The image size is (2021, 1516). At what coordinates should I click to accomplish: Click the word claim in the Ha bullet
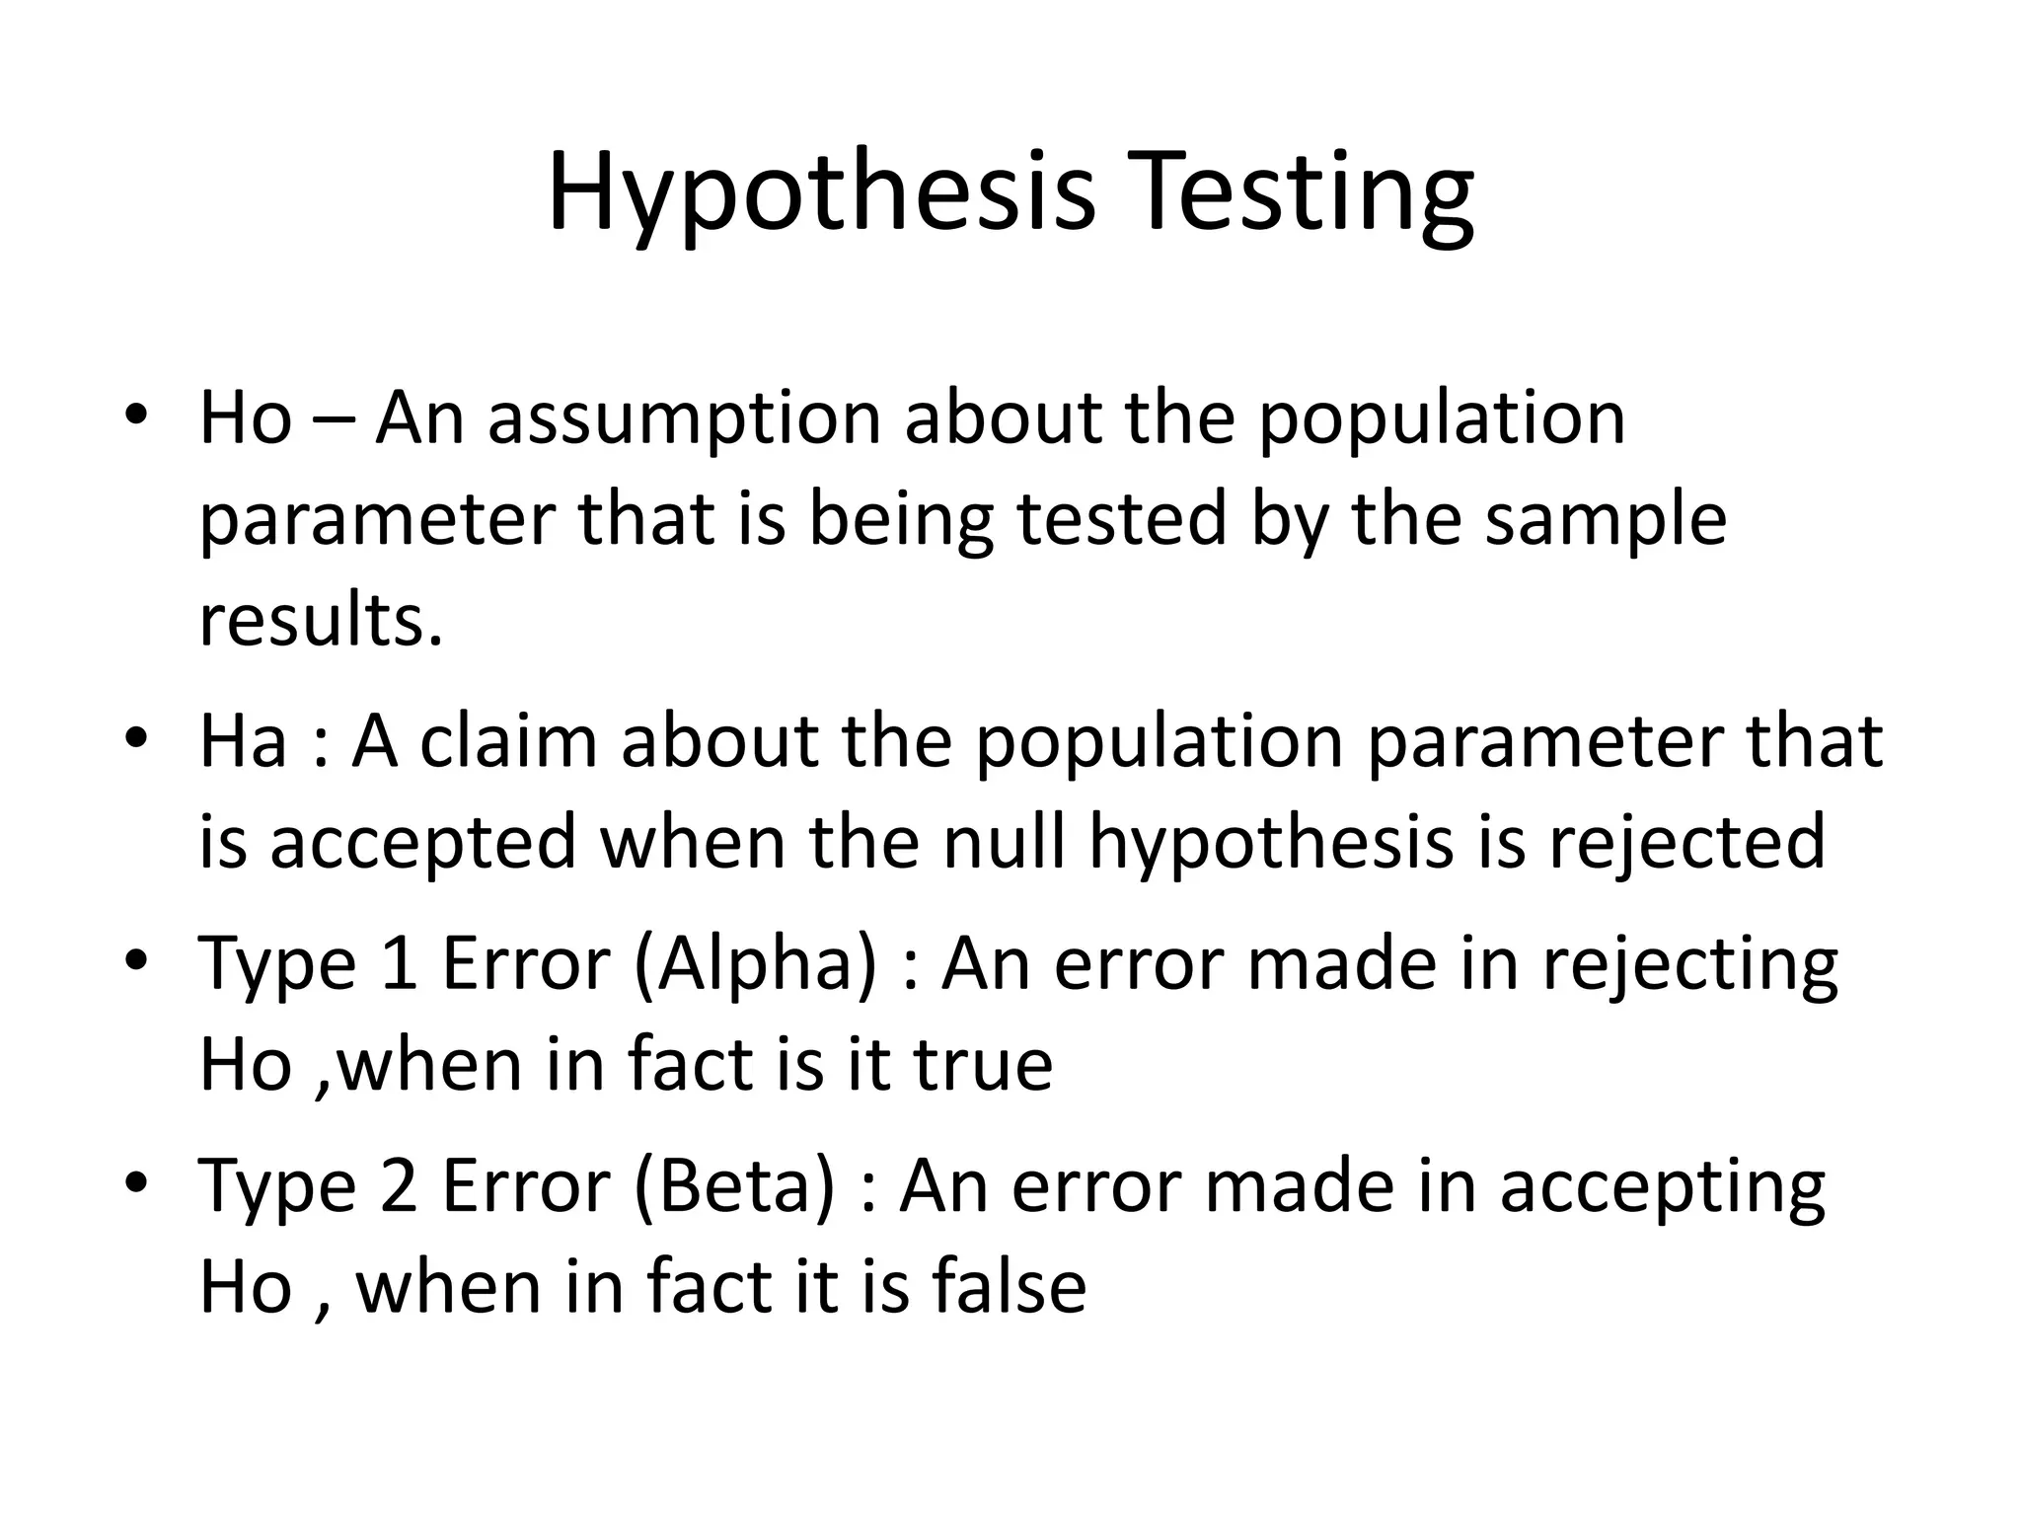507,741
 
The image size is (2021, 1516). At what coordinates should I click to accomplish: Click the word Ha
243,741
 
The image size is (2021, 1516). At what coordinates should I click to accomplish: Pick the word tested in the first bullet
1121,520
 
